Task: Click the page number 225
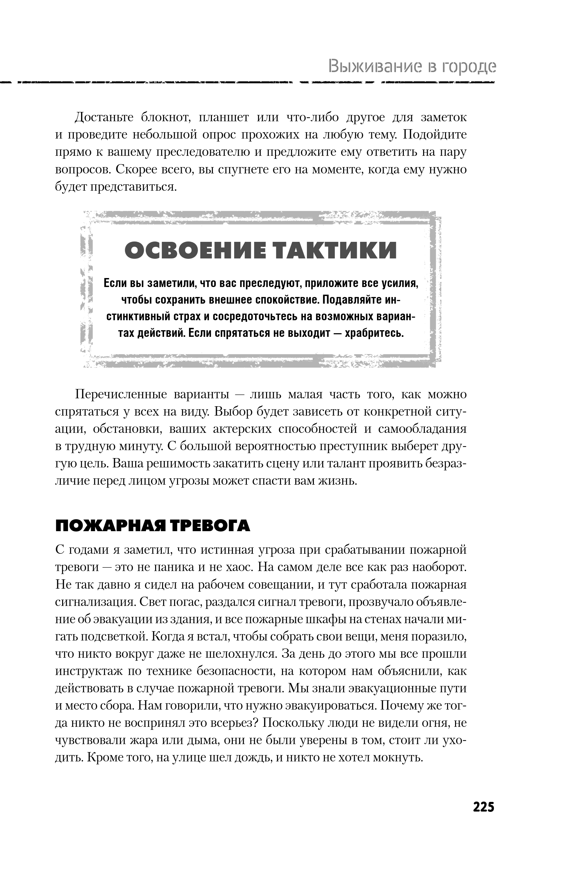tap(483, 807)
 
